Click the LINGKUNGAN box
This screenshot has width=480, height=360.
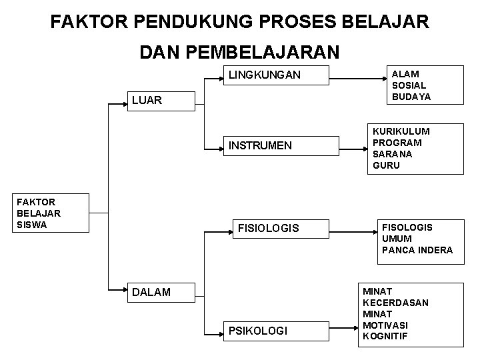pos(275,75)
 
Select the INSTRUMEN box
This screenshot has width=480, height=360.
pos(275,145)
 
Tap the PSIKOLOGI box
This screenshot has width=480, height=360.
pos(275,330)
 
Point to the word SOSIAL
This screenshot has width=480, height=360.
pos(409,86)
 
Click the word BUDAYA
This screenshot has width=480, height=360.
pos(411,97)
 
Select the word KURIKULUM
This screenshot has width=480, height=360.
pos(401,132)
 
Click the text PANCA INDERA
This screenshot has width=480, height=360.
pos(417,250)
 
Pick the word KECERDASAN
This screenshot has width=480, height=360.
pos(395,303)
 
